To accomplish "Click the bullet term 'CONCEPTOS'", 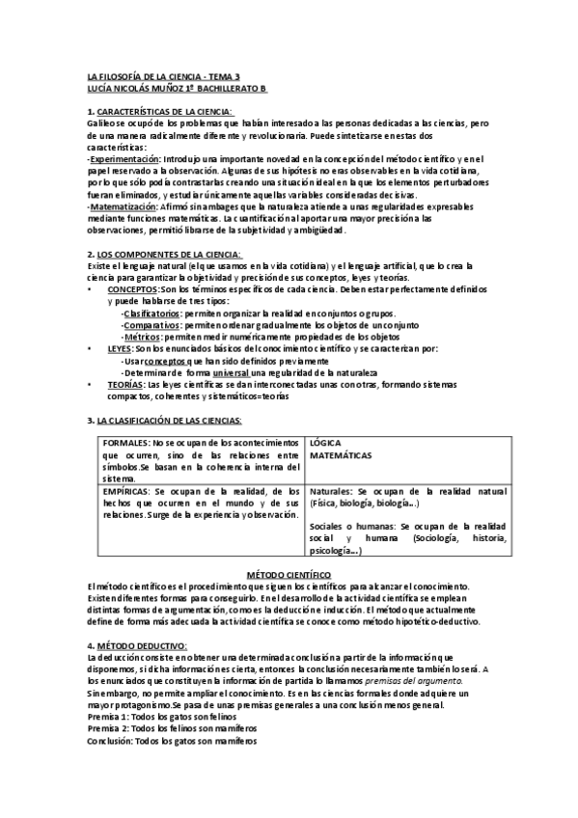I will click(x=131, y=289).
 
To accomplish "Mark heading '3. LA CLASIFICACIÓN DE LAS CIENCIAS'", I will click(x=165, y=420).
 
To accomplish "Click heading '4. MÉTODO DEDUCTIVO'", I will click(x=138, y=644).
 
